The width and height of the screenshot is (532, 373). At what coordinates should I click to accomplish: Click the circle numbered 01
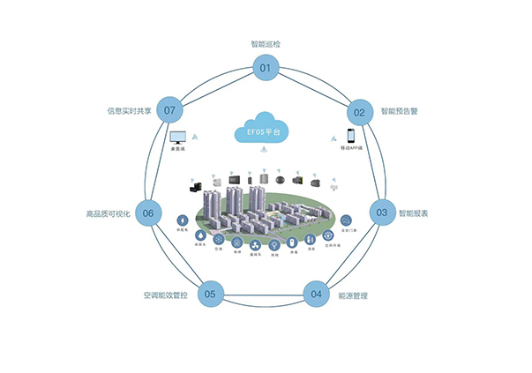(x=265, y=68)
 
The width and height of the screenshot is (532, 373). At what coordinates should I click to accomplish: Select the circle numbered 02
(x=359, y=112)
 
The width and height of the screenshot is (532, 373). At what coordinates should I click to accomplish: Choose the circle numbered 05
(x=209, y=294)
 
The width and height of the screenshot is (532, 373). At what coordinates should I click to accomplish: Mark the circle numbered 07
(x=170, y=110)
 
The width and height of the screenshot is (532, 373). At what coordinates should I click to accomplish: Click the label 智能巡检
(x=265, y=43)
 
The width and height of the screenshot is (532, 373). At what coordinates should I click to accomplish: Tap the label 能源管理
(x=353, y=295)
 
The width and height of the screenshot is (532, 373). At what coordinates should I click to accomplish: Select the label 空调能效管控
(x=168, y=295)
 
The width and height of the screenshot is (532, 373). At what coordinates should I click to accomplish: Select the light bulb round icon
(x=274, y=244)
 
